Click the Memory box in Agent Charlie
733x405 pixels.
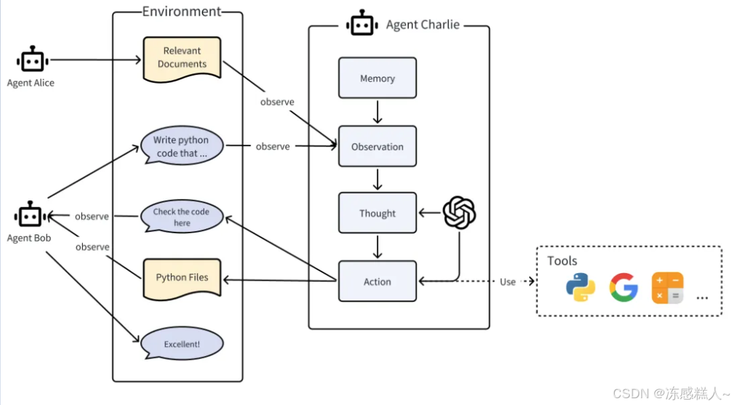377,78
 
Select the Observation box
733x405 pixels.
377,146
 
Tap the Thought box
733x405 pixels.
377,213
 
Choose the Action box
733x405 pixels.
377,281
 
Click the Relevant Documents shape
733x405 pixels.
182,58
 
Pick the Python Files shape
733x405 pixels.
182,277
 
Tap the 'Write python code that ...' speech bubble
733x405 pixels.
181,147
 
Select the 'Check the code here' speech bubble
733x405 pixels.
181,217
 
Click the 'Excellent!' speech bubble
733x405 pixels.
181,344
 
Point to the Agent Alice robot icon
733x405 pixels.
31,60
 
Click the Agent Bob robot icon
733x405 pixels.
30,217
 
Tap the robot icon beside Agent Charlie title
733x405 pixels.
361,24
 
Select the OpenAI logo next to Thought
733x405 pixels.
459,213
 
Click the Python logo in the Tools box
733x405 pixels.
580,287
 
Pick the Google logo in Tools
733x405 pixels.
623,287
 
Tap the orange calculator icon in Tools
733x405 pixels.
667,287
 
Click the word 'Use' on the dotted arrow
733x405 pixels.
507,281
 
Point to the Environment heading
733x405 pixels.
181,12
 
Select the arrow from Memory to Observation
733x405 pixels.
377,112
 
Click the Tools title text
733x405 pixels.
562,261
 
